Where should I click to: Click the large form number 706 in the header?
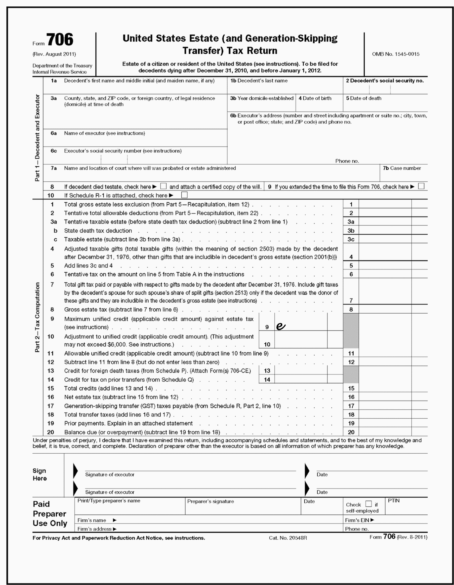60,40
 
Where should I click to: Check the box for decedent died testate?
163,186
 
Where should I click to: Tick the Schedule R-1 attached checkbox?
184,195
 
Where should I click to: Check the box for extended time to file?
421,186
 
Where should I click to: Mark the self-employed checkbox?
369,504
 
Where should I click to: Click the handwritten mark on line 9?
280,326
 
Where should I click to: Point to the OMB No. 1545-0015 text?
396,54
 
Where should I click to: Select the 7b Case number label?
402,168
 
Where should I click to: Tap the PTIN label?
394,501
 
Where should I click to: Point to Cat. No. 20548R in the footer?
288,538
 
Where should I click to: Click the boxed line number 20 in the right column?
351,432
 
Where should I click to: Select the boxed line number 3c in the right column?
351,239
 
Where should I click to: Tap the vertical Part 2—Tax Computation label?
37,317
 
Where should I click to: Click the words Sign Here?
40,475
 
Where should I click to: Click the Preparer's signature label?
210,501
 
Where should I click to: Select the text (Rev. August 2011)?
54,54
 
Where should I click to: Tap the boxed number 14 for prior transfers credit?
267,380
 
